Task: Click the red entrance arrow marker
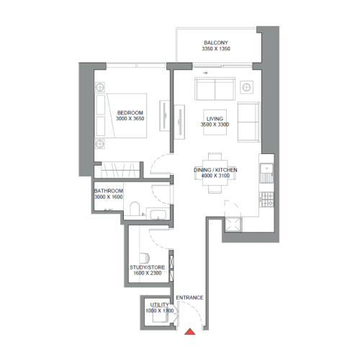pyautogui.click(x=189, y=332)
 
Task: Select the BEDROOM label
pyautogui.click(x=130, y=112)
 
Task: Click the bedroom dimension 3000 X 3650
pyautogui.click(x=130, y=120)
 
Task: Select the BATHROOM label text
pyautogui.click(x=109, y=190)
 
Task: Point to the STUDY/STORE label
pyautogui.click(x=148, y=266)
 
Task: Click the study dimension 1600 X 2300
pyautogui.click(x=148, y=274)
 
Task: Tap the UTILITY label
pyautogui.click(x=158, y=305)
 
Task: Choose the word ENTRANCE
pyautogui.click(x=189, y=297)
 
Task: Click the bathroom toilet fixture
pyautogui.click(x=135, y=211)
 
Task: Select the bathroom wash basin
pyautogui.click(x=158, y=212)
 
